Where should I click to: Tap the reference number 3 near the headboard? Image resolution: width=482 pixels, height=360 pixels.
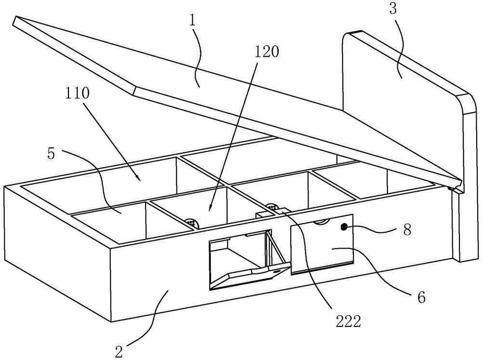[x=393, y=10]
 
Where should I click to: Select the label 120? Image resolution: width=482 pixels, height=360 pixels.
[x=266, y=52]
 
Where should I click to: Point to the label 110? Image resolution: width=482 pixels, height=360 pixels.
[x=77, y=93]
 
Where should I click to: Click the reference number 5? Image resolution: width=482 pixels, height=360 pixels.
[x=52, y=154]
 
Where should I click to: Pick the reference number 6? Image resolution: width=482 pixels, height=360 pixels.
[x=421, y=297]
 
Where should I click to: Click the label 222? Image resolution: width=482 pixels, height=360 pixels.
[x=348, y=322]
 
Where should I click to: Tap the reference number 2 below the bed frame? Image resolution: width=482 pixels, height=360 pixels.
[x=120, y=351]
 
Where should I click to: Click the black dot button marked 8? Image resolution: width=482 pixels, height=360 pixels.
[x=344, y=227]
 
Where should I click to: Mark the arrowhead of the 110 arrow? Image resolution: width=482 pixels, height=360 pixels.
[x=138, y=179]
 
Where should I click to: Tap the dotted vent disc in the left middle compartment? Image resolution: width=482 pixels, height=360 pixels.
[x=191, y=222]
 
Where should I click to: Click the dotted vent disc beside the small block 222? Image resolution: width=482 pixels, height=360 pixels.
[x=271, y=207]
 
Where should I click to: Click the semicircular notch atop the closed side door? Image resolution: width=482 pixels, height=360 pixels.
[x=321, y=222]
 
